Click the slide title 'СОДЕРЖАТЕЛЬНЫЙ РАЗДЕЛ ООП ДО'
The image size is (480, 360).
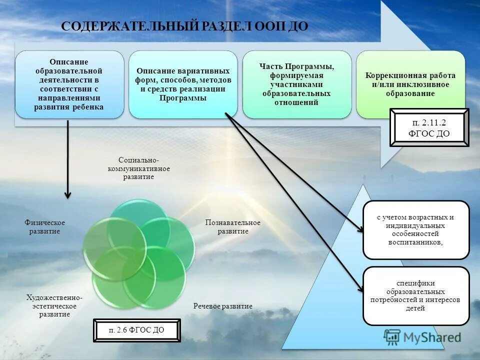click(x=184, y=26)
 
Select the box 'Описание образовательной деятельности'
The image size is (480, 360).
click(x=69, y=84)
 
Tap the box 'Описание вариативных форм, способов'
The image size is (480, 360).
click(x=183, y=84)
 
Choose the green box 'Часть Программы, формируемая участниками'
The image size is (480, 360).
click(x=296, y=84)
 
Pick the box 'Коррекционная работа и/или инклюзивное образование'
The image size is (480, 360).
click(x=410, y=84)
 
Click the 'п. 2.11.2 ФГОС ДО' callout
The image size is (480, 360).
click(x=429, y=128)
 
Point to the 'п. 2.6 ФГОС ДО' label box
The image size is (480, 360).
click(x=136, y=330)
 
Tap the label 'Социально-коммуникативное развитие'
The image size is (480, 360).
click(x=139, y=168)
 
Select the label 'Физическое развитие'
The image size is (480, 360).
click(x=45, y=226)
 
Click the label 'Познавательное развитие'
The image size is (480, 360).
click(x=232, y=226)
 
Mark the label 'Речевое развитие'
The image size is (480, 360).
click(x=223, y=306)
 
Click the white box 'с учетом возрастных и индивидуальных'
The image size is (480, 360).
click(x=416, y=230)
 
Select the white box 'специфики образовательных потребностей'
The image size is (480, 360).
click(x=416, y=295)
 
